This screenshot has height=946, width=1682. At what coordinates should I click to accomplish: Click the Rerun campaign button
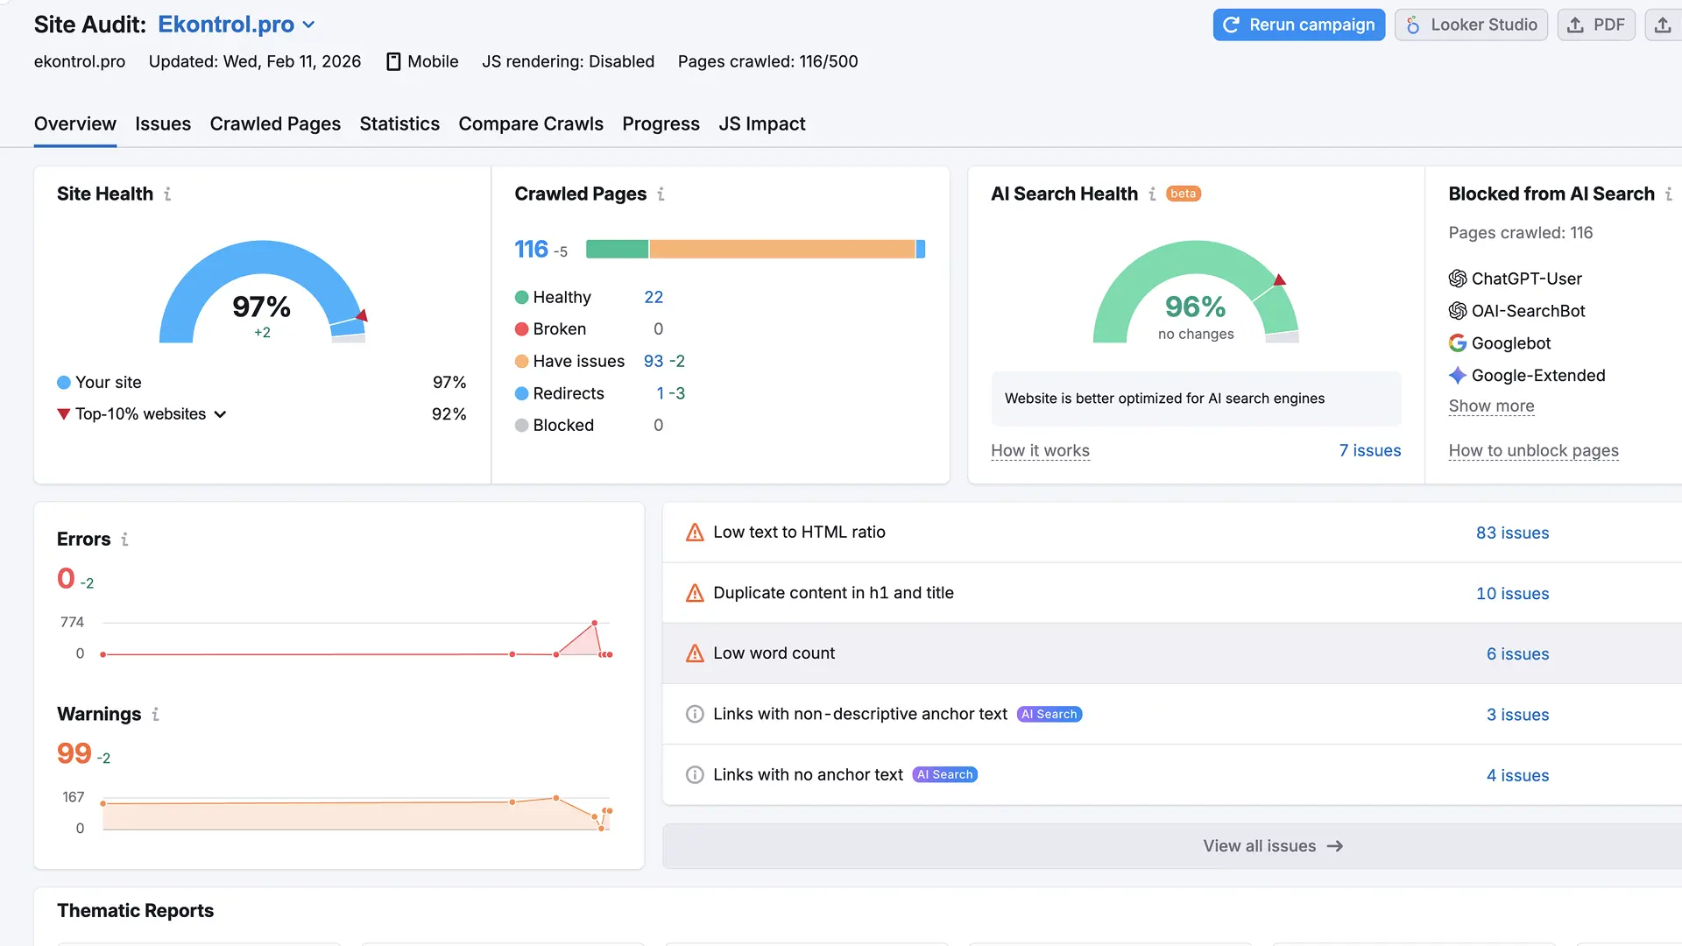(1298, 25)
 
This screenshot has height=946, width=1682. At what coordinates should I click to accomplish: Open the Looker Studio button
(1471, 25)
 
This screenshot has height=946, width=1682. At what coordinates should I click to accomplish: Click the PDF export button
(1595, 25)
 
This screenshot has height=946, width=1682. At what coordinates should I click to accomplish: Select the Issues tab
(163, 124)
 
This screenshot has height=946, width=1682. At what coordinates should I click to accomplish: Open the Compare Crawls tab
(531, 124)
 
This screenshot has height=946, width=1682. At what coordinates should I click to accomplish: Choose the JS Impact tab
(761, 124)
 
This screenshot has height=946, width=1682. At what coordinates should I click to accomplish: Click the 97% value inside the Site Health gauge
(261, 307)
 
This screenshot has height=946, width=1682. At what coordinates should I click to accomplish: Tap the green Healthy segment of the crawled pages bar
(617, 250)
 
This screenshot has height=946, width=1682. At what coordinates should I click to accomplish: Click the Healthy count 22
(654, 297)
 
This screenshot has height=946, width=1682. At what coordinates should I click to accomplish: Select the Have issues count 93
(654, 361)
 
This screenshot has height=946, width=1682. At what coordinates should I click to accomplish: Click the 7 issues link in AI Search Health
(1369, 450)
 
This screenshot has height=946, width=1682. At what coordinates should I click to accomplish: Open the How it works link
(1040, 450)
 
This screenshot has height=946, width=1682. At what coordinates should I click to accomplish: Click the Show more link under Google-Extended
(1491, 406)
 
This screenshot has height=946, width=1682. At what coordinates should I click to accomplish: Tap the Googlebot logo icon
(1457, 343)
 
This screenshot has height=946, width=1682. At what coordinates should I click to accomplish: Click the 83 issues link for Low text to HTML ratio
(1512, 533)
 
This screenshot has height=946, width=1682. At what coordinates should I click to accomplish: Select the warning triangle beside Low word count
(695, 653)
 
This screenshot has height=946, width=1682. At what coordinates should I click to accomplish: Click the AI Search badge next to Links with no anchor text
(944, 774)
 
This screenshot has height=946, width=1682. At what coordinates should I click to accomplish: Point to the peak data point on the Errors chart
(595, 623)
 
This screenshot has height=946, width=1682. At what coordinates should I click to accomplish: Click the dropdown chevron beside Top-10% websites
(220, 414)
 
